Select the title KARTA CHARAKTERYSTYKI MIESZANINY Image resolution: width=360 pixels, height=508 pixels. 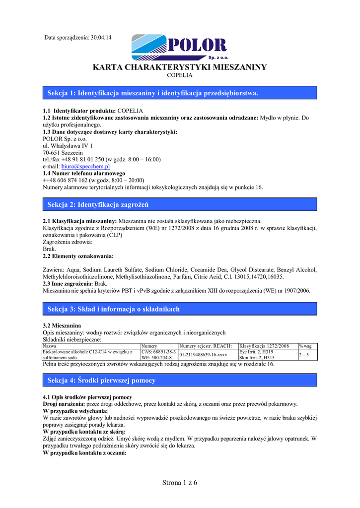[180, 67]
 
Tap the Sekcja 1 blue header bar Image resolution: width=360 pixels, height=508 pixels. [180, 93]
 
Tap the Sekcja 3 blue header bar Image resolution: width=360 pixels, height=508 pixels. [180, 309]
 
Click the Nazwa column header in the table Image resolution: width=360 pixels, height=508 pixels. [50, 345]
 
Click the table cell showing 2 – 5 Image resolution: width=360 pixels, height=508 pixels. [304, 355]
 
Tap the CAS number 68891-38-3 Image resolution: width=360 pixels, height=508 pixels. [159, 352]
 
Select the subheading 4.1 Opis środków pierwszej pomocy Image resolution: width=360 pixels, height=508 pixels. [87, 397]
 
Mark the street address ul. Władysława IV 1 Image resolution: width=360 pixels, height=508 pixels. [68, 145]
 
